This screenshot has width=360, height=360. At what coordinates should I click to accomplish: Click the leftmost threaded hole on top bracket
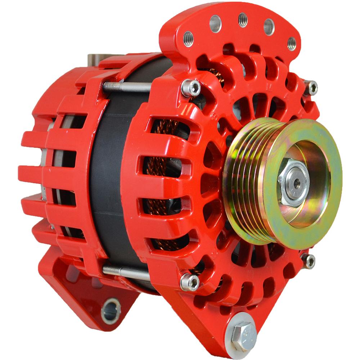[188, 38]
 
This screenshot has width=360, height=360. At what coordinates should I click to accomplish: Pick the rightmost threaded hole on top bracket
[292, 43]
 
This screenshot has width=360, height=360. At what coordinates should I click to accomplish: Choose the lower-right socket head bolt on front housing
[309, 261]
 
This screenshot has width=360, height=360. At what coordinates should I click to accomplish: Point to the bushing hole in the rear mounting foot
[111, 310]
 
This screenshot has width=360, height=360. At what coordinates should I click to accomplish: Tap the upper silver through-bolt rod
[126, 86]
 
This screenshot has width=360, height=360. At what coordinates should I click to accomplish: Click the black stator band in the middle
[108, 180]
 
